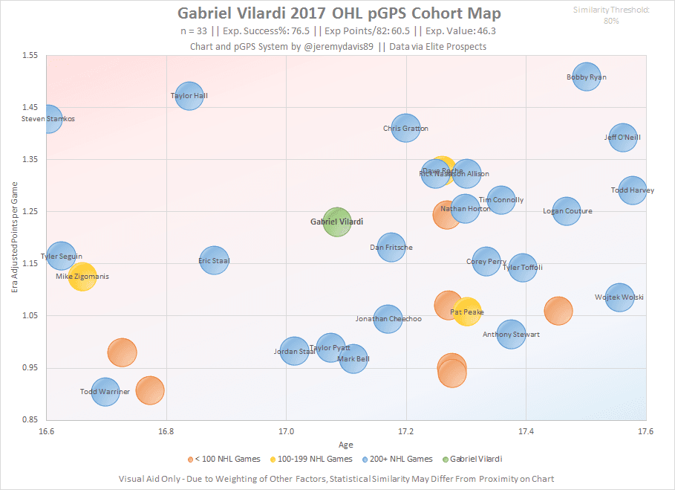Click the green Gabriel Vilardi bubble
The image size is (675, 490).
click(x=337, y=222)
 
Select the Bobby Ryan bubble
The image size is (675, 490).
click(x=587, y=77)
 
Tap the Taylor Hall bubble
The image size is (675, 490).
click(x=189, y=95)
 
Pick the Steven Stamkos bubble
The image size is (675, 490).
click(x=48, y=118)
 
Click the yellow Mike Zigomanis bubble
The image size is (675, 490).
click(x=82, y=277)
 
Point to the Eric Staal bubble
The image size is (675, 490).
click(x=214, y=260)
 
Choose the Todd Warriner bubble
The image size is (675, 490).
click(x=105, y=391)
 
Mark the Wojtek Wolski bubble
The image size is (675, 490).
click(x=619, y=297)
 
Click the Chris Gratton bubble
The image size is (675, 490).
click(x=405, y=128)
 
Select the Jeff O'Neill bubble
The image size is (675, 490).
click(x=622, y=137)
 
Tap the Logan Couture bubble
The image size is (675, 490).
click(x=567, y=211)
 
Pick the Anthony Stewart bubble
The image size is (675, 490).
click(x=511, y=334)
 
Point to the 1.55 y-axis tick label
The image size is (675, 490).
click(x=30, y=56)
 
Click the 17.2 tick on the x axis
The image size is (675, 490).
click(x=406, y=431)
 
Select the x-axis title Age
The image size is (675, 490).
click(x=346, y=445)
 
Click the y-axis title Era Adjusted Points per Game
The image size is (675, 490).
click(x=14, y=238)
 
